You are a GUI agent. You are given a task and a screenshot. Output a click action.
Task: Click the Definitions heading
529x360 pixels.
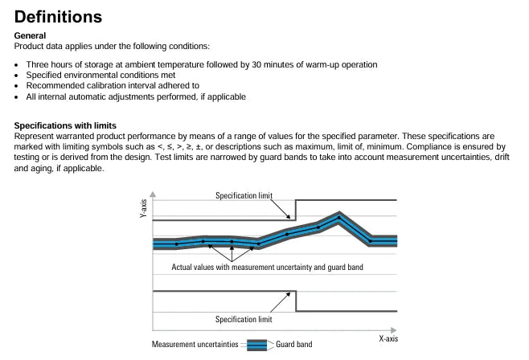click(58, 17)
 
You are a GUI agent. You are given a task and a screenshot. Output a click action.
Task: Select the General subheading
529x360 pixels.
click(30, 35)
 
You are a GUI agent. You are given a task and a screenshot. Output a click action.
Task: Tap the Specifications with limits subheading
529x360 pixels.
click(65, 125)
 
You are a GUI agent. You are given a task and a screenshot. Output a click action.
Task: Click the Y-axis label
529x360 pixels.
click(143, 208)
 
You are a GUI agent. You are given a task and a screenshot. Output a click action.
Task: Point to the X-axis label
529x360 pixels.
click(388, 339)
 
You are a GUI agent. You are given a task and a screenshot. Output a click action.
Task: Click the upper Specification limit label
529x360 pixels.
click(244, 195)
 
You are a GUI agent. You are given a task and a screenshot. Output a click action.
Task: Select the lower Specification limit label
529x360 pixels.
click(244, 319)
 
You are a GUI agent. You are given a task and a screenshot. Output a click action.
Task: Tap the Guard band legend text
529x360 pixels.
click(294, 344)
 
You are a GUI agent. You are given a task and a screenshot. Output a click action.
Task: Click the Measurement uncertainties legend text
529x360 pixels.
click(195, 344)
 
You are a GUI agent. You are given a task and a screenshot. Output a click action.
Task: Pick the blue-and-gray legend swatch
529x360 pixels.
click(256, 346)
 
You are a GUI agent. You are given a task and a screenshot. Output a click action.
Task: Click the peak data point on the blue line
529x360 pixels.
click(339, 218)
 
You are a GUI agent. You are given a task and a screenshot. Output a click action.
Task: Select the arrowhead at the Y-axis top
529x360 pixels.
click(153, 194)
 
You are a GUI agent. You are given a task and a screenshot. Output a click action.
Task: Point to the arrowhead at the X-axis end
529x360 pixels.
click(393, 330)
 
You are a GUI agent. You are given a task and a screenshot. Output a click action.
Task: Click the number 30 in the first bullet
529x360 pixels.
click(256, 64)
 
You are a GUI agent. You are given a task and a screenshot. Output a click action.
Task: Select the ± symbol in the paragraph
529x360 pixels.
click(199, 147)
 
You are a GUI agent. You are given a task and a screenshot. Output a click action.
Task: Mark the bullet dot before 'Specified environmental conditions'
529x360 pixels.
click(16, 76)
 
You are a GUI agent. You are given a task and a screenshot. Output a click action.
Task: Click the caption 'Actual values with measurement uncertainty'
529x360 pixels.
click(241, 267)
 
